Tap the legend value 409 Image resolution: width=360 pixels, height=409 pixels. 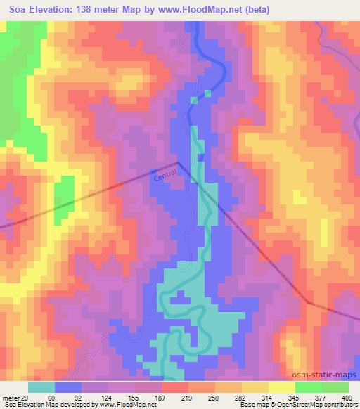352,397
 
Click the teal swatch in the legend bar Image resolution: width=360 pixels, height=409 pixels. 42,387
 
